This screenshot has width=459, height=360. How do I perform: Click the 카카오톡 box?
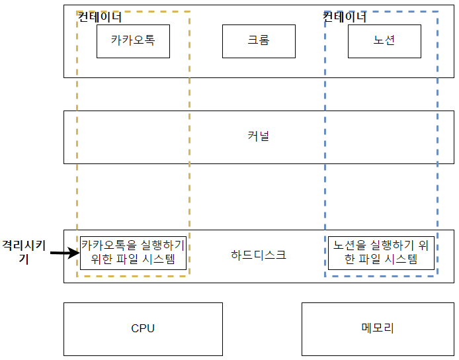click(133, 41)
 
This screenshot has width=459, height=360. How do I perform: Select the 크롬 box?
click(258, 41)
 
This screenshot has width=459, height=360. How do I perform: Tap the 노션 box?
click(384, 41)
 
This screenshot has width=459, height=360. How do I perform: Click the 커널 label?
click(258, 137)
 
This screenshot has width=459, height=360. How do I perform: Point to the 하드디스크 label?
click(258, 255)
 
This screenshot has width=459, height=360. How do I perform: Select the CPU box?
click(143, 329)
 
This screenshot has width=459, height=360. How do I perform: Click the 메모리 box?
click(378, 329)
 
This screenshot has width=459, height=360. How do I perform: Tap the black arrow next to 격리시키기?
click(63, 253)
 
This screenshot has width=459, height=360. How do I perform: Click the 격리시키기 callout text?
click(24, 252)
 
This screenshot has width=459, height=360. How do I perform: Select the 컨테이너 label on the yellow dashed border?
click(100, 18)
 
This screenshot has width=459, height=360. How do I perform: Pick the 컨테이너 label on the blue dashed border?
click(344, 18)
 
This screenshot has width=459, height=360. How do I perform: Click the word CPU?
click(143, 329)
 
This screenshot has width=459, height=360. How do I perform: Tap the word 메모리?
click(378, 329)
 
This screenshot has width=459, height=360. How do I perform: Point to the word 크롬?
click(258, 41)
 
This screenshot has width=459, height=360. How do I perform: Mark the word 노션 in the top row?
click(384, 41)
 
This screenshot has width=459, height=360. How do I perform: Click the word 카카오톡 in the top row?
click(133, 41)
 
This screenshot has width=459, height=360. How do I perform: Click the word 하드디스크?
click(258, 255)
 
